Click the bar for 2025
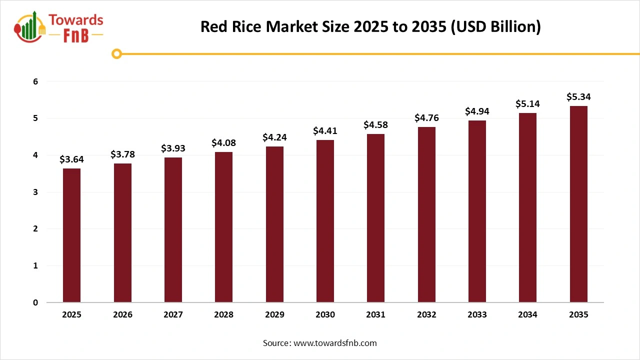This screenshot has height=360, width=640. tap(71, 235)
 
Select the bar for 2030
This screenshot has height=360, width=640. tap(325, 221)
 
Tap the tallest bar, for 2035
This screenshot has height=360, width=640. tap(578, 204)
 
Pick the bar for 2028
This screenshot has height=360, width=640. tap(223, 227)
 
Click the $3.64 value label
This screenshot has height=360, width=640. tap(71, 159)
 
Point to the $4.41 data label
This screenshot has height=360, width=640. tap(325, 131)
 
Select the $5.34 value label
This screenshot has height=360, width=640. tap(578, 97)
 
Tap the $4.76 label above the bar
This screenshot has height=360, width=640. tap(426, 118)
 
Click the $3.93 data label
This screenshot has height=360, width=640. tap(173, 148)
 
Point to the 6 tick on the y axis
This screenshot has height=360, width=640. tap(35, 81)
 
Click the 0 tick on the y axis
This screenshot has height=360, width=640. tap(35, 302)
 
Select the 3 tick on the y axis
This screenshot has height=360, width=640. tap(35, 192)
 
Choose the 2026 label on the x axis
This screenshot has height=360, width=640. tap(122, 315)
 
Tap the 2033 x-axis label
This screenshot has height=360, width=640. tap(477, 315)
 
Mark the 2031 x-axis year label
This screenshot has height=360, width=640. tap(375, 315)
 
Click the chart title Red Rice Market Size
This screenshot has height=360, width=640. tap(370, 26)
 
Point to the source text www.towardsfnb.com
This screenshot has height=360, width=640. tap(319, 343)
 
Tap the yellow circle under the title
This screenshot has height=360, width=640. tap(116, 53)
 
